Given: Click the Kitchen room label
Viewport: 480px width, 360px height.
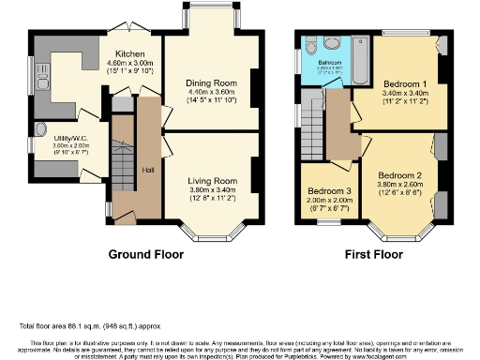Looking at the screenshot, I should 128,53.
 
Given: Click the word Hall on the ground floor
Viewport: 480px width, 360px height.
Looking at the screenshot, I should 148,169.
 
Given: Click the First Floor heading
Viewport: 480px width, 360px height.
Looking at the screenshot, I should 372,254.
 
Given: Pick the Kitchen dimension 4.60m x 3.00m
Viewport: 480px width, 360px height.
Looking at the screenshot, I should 128,63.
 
